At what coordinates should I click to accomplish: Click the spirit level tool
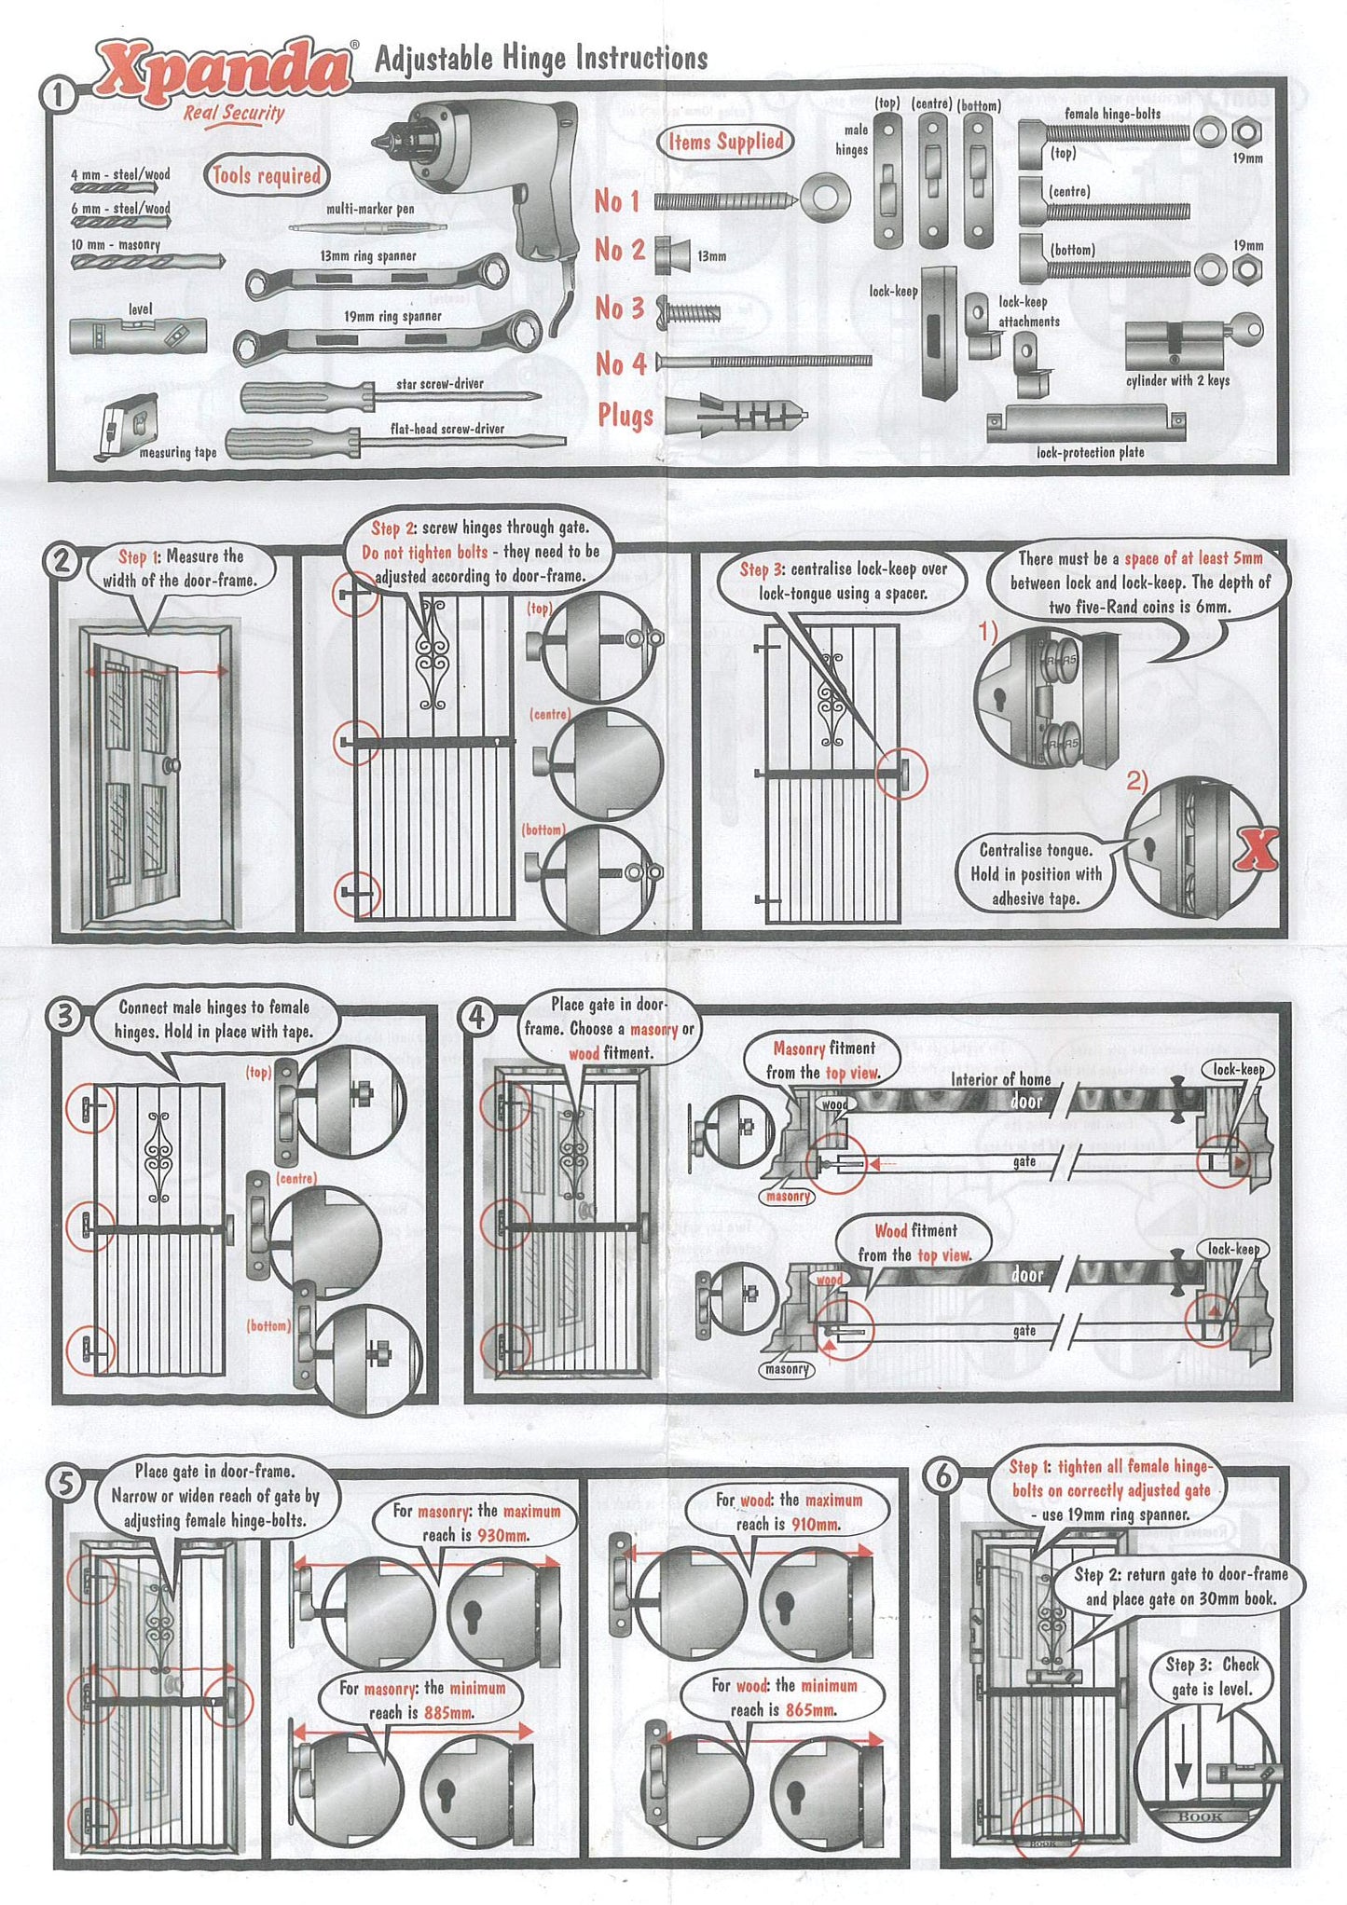[137, 336]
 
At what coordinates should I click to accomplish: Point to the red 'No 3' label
[619, 308]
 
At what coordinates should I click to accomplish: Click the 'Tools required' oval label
[266, 175]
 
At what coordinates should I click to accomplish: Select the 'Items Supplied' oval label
[725, 142]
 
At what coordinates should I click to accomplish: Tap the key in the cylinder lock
[1245, 329]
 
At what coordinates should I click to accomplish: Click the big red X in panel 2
[1258, 848]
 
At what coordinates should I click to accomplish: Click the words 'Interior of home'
[1000, 1079]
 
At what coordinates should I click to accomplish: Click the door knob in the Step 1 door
[172, 765]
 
